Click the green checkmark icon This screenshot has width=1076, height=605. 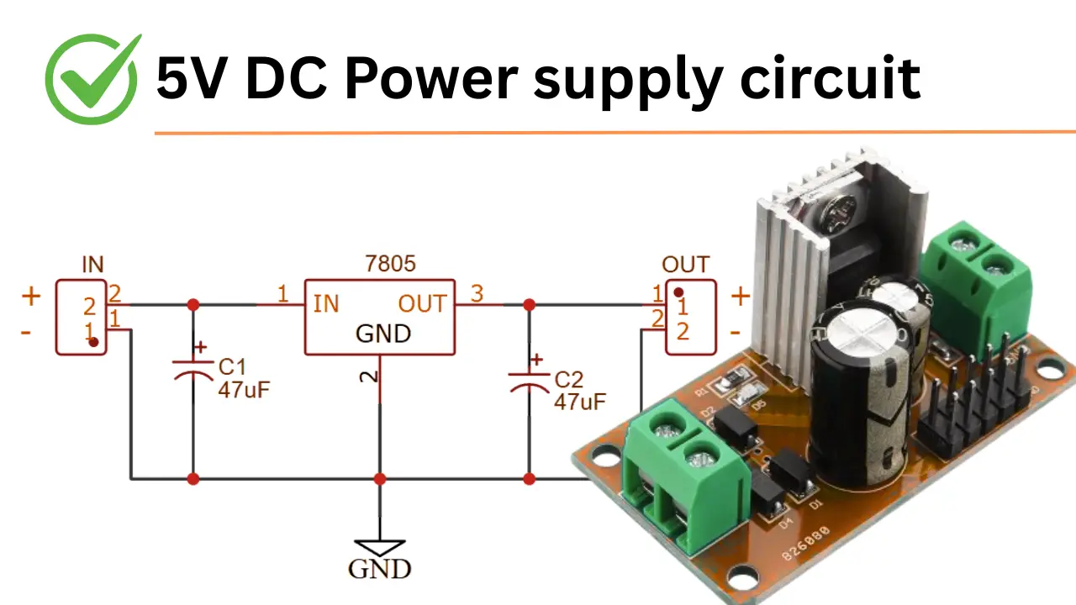coord(92,79)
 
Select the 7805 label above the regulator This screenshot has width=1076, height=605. coord(391,264)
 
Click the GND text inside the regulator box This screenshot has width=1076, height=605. coord(383,334)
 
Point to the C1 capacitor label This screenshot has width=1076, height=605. coord(231,368)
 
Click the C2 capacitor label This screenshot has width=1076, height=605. coord(569,380)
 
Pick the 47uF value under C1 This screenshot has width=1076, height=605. coord(244,390)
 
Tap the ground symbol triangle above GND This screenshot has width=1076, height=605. coord(380,547)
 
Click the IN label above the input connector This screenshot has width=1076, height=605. coord(92,265)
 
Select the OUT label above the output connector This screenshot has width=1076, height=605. coord(685,265)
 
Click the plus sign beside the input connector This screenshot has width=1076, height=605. coord(31,296)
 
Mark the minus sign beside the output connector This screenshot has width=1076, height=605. coord(736,333)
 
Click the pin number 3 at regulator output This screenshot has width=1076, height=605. coord(477,294)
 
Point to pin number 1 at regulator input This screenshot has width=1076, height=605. coord(283,294)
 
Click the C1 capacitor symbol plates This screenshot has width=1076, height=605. coord(193,370)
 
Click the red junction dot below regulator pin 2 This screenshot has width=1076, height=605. coord(380,479)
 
